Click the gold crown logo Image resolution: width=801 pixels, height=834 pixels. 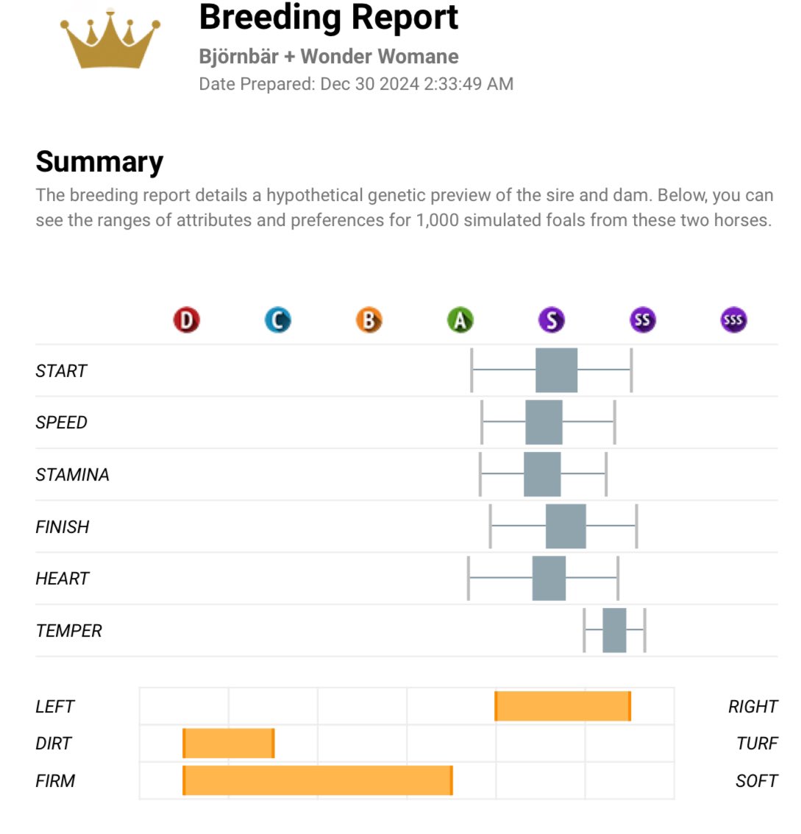(x=110, y=40)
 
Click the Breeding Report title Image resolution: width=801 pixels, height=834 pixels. (x=328, y=18)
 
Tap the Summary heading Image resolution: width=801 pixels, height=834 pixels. (x=99, y=162)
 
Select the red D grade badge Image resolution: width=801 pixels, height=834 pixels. (x=186, y=320)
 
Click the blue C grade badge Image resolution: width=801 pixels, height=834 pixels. (x=277, y=320)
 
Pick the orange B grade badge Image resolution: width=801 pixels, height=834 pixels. (x=369, y=320)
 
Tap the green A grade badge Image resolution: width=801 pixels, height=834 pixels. (x=460, y=320)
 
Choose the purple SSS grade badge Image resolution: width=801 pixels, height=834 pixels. (x=733, y=320)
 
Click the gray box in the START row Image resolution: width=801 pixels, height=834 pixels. (x=556, y=370)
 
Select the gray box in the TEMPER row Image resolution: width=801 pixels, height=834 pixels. (x=614, y=630)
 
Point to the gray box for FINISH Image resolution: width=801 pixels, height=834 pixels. (x=566, y=526)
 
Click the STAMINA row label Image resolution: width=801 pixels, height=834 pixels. (x=72, y=475)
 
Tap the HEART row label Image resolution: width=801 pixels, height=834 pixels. (x=62, y=579)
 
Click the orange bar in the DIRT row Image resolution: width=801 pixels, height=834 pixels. (x=229, y=743)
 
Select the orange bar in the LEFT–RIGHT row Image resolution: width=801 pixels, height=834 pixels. (x=563, y=706)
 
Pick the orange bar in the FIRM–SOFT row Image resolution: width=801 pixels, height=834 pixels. (x=318, y=780)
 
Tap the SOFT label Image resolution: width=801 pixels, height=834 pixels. (x=756, y=781)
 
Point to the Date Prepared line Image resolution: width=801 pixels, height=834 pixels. (x=356, y=84)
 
